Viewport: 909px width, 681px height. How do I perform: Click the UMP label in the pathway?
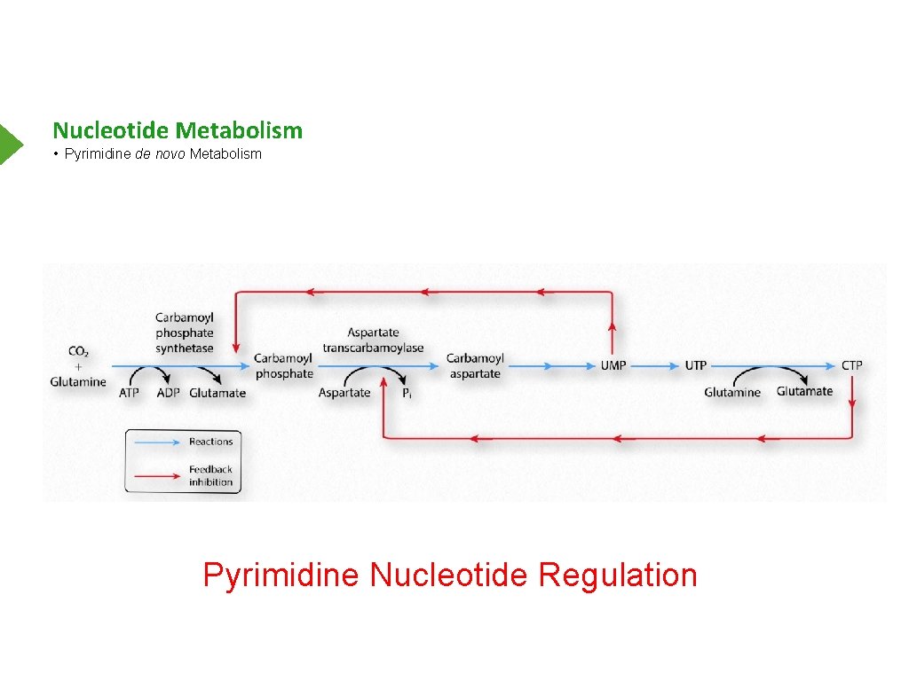(x=613, y=365)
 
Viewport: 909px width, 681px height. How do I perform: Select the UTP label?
(x=695, y=365)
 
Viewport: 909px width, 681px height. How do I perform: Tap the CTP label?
(x=851, y=365)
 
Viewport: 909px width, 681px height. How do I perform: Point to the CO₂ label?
(x=78, y=351)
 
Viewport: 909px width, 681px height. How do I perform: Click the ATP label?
(x=129, y=393)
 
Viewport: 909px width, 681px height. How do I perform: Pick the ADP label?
(x=168, y=393)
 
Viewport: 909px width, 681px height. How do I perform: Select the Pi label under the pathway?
(x=406, y=393)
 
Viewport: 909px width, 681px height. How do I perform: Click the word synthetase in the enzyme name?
(x=185, y=348)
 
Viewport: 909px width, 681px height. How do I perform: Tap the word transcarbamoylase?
(x=373, y=348)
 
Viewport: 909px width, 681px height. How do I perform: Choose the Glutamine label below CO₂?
(x=78, y=382)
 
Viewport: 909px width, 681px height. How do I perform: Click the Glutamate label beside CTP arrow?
(x=804, y=391)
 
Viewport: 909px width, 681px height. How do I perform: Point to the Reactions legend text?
(x=210, y=442)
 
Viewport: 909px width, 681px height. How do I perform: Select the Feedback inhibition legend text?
(x=210, y=476)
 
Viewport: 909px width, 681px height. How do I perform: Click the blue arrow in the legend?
(x=156, y=442)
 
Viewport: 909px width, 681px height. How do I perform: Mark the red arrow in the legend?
(x=156, y=476)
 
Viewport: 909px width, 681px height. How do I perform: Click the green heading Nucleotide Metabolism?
(x=178, y=130)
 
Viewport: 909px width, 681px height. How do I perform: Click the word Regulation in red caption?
(x=618, y=575)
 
